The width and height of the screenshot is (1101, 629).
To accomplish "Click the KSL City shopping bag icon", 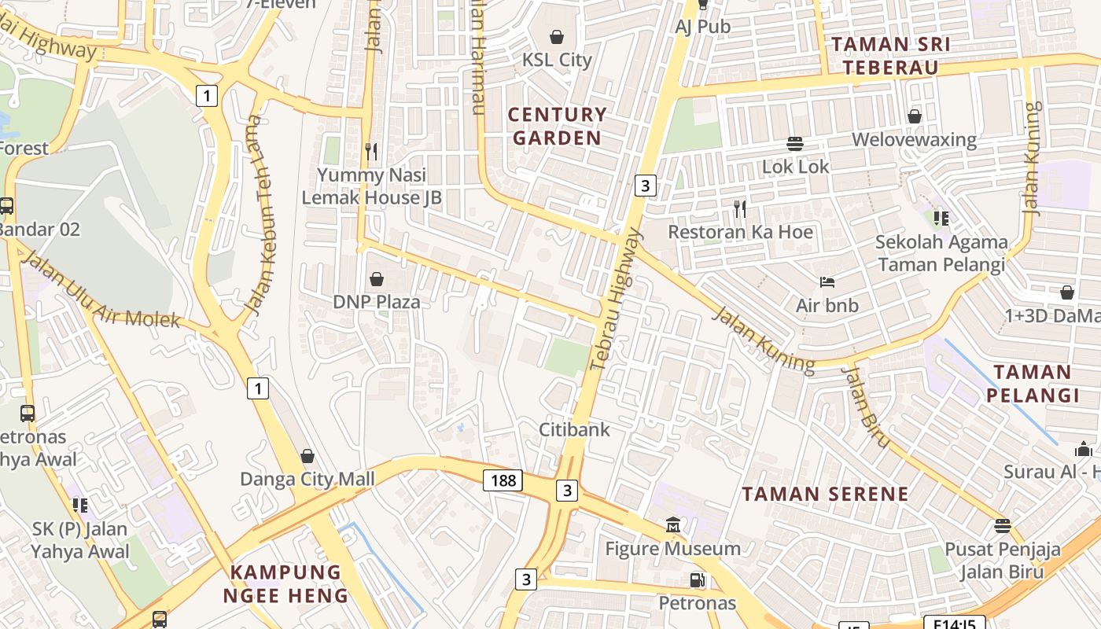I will tap(557, 36).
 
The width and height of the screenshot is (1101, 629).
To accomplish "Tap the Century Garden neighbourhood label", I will tap(557, 126).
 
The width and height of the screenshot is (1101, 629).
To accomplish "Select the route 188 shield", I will tap(503, 480).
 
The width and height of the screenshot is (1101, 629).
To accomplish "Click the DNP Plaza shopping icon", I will tap(377, 279).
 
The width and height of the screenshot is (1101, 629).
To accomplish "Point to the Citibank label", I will tap(574, 429).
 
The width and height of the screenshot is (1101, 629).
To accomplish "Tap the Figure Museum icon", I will tap(673, 524).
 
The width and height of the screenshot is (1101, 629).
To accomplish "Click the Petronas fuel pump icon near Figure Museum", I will tap(697, 580).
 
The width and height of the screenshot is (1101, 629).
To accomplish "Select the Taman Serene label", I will tap(825, 495).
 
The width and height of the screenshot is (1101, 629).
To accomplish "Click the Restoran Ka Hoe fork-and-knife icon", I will tap(740, 208).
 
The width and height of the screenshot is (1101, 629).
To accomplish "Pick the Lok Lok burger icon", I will tap(795, 144).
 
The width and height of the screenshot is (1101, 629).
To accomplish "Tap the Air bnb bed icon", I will tap(827, 281).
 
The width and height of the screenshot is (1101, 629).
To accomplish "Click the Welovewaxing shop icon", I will tap(914, 116).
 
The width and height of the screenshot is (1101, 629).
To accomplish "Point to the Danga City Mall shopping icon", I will tap(307, 456).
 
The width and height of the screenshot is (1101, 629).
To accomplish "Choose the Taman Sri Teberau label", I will tap(890, 55).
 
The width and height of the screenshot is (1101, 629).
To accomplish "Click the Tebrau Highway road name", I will tap(616, 300).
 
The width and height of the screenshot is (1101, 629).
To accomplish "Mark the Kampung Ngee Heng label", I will tap(285, 583).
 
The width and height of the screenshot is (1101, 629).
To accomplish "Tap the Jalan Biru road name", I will tap(866, 405).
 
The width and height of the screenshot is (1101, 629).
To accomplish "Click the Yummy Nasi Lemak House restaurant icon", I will tap(371, 151).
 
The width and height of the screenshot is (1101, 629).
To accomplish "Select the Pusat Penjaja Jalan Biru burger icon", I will tap(1002, 524).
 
